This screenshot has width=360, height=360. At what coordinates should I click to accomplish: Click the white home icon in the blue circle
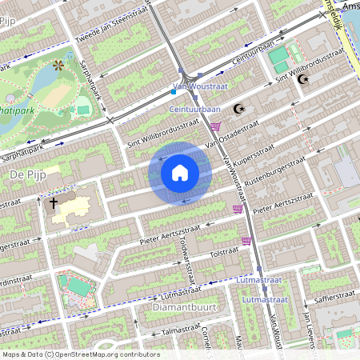[x=180, y=171]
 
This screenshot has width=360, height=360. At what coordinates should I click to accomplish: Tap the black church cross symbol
[x=54, y=203]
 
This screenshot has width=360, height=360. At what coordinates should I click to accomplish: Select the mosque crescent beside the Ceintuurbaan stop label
[x=237, y=108]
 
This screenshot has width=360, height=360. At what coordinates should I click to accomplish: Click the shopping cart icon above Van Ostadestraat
[x=215, y=126]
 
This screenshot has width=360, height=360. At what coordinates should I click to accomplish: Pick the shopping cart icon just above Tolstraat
[x=246, y=239]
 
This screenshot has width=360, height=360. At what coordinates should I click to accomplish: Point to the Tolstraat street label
[x=224, y=253]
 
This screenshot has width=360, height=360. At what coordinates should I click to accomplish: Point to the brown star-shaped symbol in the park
[x=57, y=64]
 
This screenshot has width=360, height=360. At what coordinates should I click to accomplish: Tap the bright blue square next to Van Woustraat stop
[x=173, y=92]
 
